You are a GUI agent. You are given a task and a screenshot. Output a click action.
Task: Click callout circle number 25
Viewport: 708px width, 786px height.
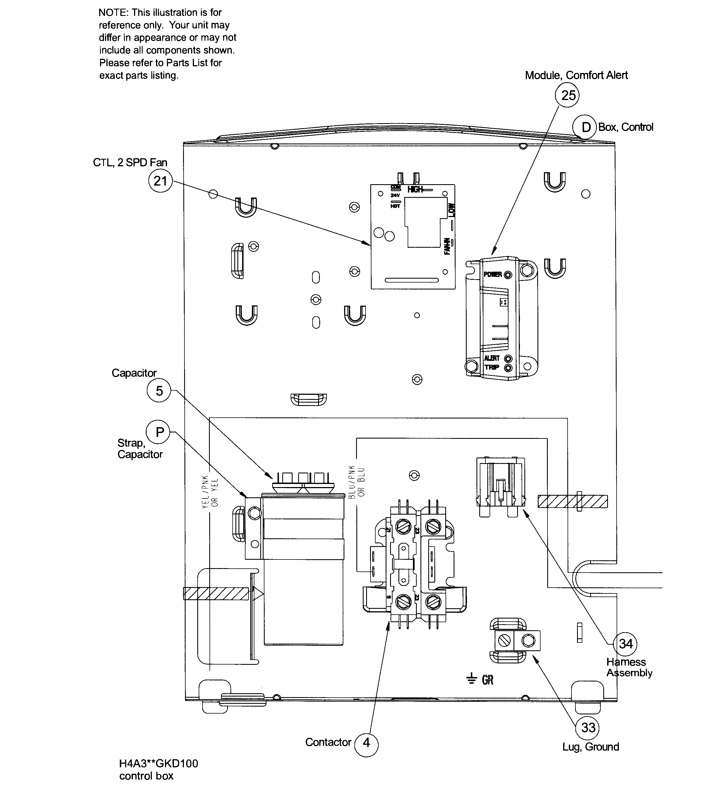[x=568, y=95]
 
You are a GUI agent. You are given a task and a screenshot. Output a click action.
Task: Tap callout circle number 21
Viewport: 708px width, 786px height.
[x=160, y=181]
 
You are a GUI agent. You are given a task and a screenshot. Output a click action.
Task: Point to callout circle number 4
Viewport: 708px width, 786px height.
[x=366, y=743]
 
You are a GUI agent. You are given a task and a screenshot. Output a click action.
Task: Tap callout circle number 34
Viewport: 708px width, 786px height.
[x=626, y=644]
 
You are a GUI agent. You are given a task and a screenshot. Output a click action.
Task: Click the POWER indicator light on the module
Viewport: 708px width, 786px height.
[x=508, y=275]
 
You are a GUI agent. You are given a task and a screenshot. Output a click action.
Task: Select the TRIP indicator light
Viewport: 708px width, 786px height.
[x=508, y=368]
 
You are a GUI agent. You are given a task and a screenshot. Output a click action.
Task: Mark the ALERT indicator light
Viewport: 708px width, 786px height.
[x=508, y=359]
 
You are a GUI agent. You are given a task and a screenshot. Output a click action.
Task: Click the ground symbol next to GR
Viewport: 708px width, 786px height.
[x=471, y=679]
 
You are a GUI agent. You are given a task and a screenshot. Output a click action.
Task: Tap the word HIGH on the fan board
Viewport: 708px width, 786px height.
[x=415, y=189]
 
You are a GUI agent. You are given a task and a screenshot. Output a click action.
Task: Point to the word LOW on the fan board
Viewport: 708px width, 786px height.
[x=451, y=210]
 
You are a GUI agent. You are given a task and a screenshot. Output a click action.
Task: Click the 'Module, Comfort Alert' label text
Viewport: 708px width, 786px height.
[x=576, y=76]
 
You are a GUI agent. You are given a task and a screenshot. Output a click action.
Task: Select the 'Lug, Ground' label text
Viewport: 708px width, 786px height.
[x=590, y=747]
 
